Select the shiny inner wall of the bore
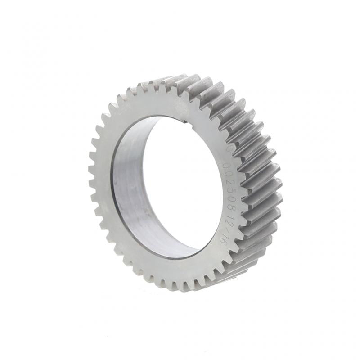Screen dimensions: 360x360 coord(130,189)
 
